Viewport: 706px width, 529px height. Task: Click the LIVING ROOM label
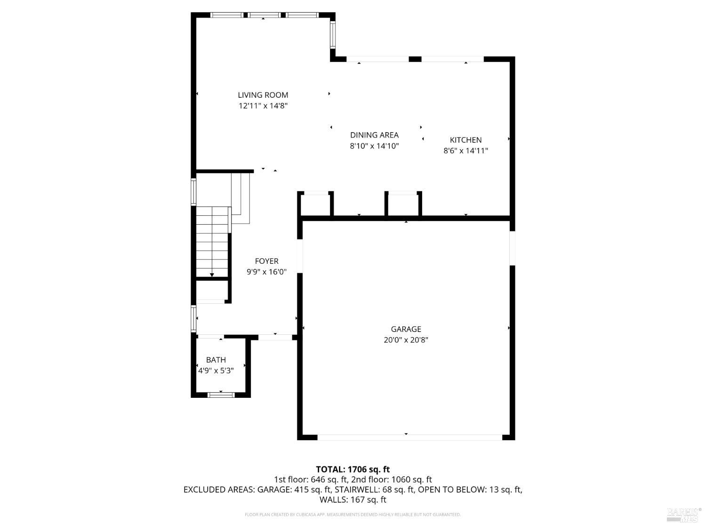pyautogui.click(x=263, y=95)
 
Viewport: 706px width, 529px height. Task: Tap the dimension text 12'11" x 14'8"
pyautogui.click(x=263, y=106)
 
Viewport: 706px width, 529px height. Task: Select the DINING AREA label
pyautogui.click(x=374, y=135)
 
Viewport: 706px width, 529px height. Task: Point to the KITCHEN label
pyautogui.click(x=465, y=140)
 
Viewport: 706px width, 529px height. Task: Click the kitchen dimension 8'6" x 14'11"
pyautogui.click(x=465, y=151)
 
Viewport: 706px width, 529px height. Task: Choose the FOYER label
pyautogui.click(x=266, y=261)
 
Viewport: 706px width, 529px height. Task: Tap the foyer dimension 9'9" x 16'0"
pyautogui.click(x=266, y=272)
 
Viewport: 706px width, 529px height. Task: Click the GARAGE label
pyautogui.click(x=406, y=329)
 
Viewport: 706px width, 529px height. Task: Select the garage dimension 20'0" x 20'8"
pyautogui.click(x=406, y=340)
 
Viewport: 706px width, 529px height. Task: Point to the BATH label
pyautogui.click(x=216, y=360)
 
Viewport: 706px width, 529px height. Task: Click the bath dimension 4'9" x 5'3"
pyautogui.click(x=216, y=371)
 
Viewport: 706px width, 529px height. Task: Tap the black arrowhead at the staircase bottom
pyautogui.click(x=212, y=275)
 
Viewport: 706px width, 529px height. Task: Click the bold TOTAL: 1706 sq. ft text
pyautogui.click(x=353, y=469)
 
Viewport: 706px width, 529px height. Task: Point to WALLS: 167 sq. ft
pyautogui.click(x=353, y=500)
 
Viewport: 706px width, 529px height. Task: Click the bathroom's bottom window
pyautogui.click(x=221, y=395)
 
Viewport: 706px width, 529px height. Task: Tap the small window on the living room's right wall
pyautogui.click(x=332, y=35)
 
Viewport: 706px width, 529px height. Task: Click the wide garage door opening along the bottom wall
pyautogui.click(x=409, y=437)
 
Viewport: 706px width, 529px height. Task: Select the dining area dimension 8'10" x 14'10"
pyautogui.click(x=374, y=146)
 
